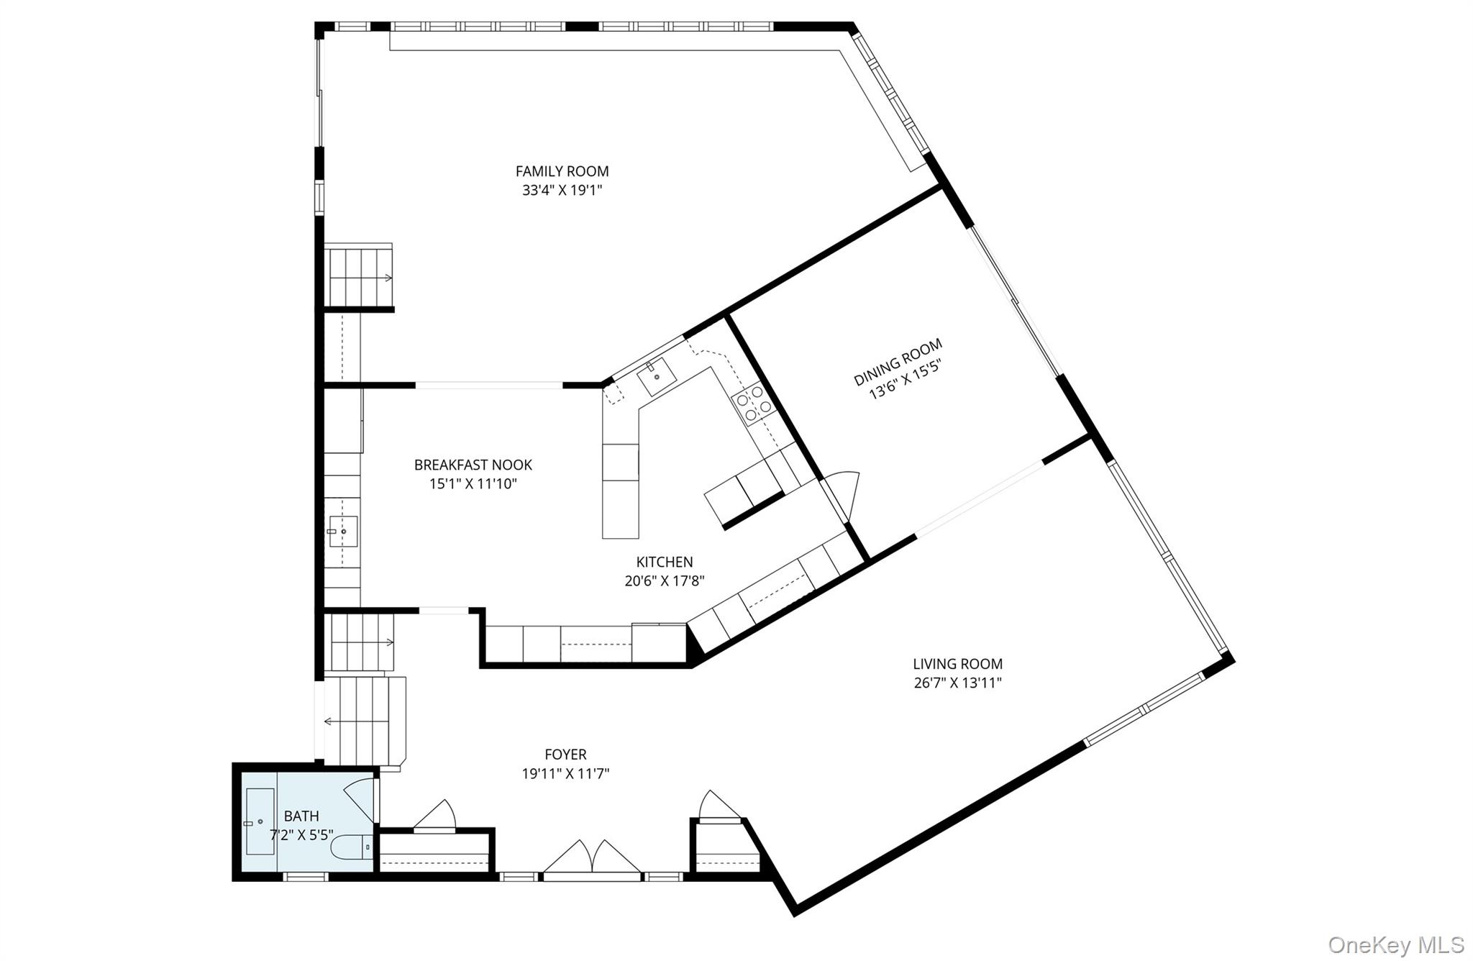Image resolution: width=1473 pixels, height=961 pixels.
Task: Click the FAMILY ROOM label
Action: click(x=562, y=171)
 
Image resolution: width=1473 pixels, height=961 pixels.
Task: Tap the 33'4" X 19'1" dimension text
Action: click(x=562, y=191)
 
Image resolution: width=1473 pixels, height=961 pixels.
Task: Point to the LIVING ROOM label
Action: click(x=957, y=664)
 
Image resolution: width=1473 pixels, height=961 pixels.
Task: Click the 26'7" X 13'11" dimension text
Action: click(x=957, y=683)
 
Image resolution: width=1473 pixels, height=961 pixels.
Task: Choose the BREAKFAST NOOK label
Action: click(x=473, y=465)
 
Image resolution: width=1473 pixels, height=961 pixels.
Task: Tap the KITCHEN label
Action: click(x=665, y=562)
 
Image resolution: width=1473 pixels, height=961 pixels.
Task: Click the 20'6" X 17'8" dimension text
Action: click(x=665, y=581)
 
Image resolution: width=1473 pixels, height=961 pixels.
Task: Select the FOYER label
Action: click(x=565, y=755)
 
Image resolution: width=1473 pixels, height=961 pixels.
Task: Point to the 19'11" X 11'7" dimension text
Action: click(x=565, y=774)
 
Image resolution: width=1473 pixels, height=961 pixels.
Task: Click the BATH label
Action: click(x=301, y=816)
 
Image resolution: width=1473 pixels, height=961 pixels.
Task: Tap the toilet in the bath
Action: click(x=352, y=847)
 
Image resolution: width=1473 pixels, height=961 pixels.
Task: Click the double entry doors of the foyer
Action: click(x=591, y=859)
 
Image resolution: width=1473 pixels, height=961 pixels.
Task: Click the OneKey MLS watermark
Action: click(x=1396, y=944)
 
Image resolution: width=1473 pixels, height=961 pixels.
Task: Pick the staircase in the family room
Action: click(x=358, y=277)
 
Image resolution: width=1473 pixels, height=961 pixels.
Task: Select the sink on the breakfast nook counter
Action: click(x=343, y=532)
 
